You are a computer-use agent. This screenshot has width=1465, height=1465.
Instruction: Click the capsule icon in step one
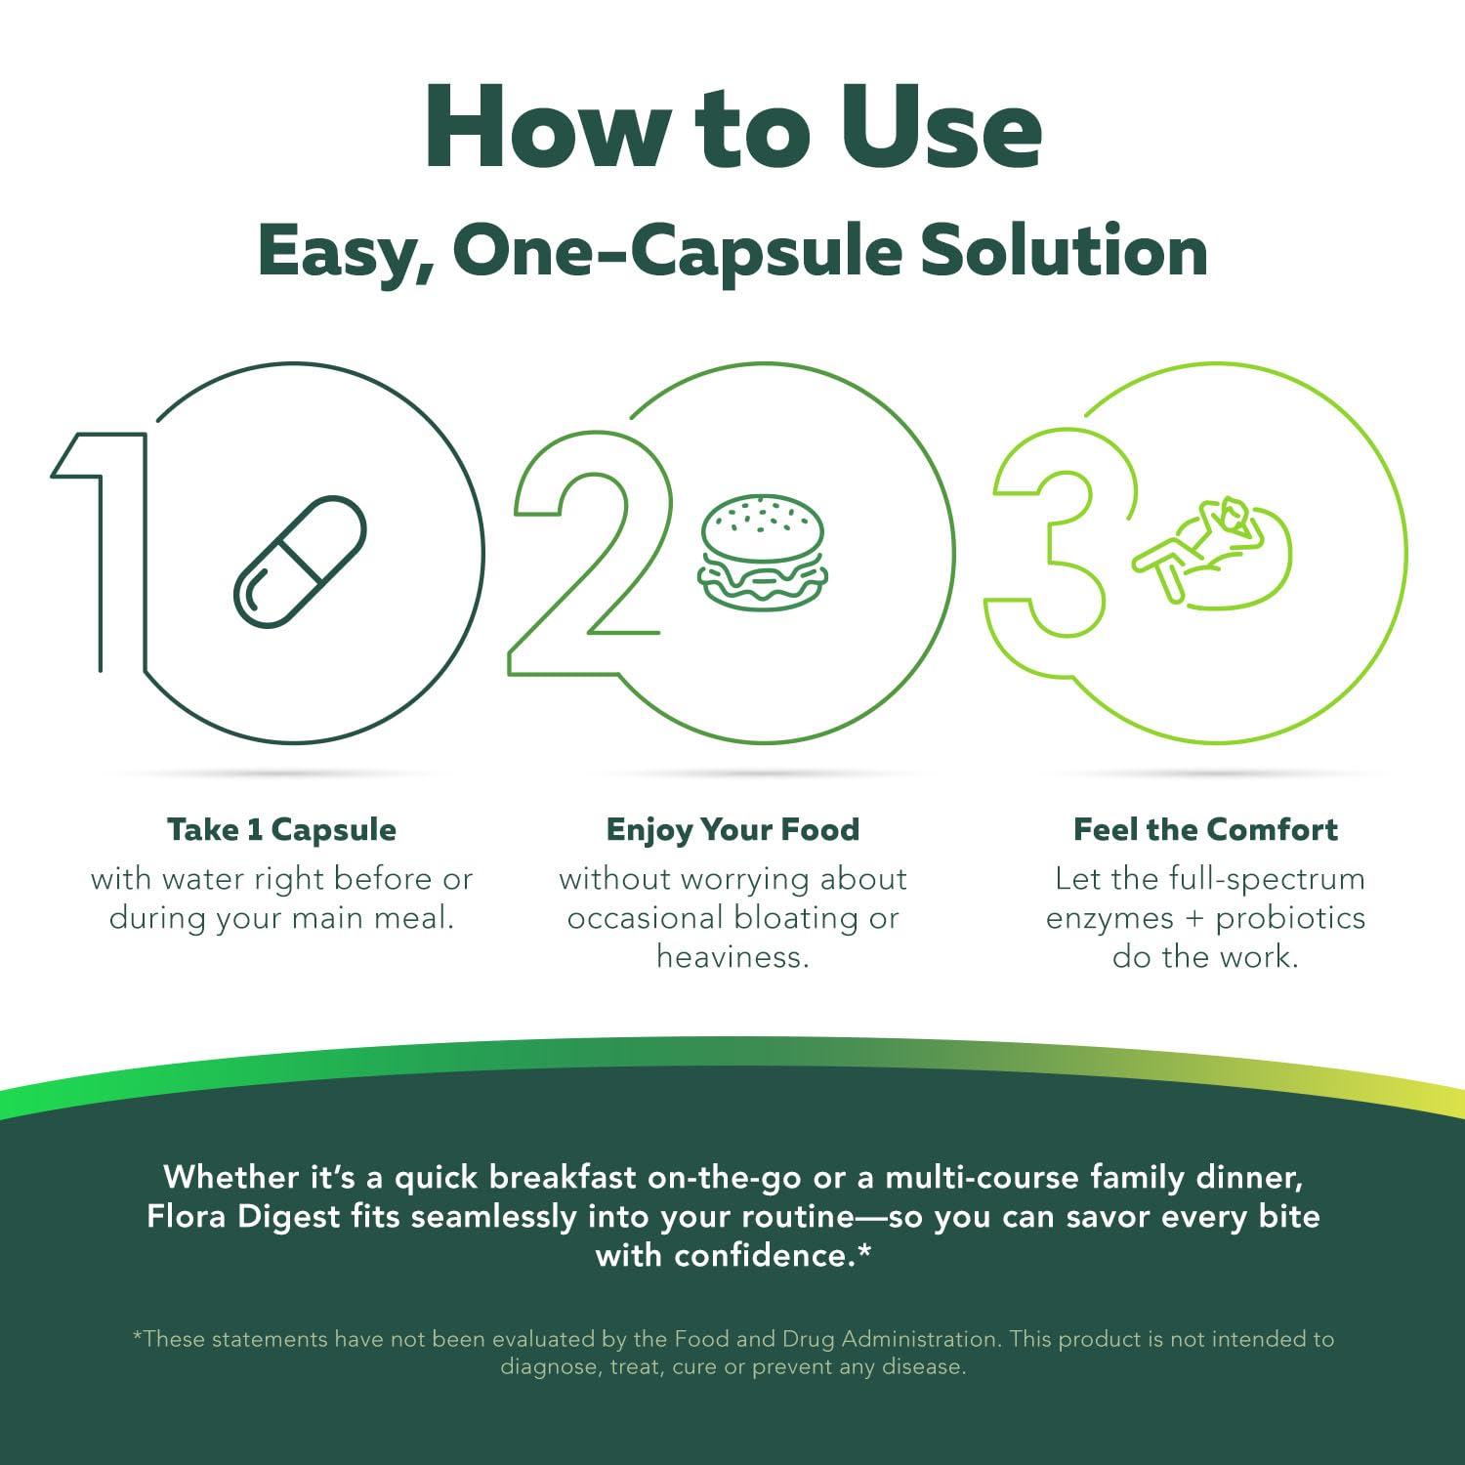click(x=299, y=562)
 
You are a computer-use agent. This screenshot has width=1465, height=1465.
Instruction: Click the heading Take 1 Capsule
click(x=281, y=829)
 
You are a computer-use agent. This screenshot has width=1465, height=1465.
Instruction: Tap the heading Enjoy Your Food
click(x=732, y=829)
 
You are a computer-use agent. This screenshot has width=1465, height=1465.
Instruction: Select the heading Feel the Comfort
click(x=1205, y=829)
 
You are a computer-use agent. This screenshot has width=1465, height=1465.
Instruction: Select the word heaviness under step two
click(x=732, y=956)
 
